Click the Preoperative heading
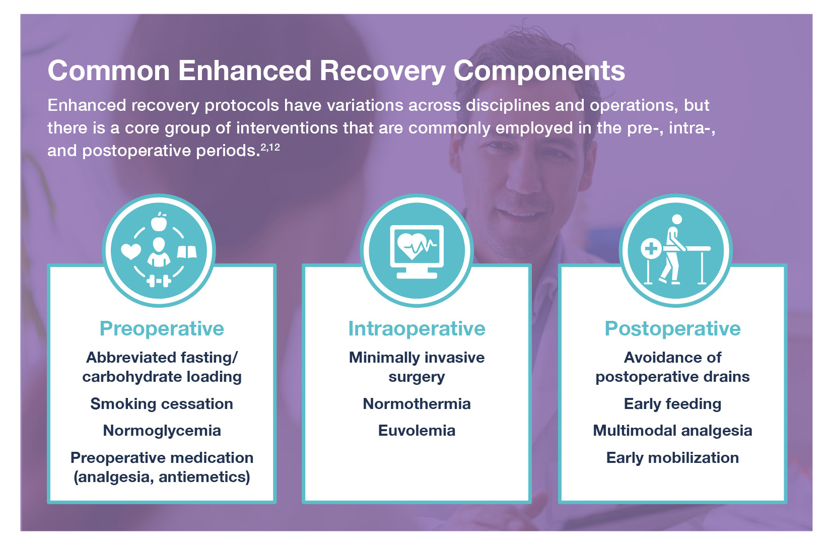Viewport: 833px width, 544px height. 162,328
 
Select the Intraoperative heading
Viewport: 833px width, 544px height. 416,328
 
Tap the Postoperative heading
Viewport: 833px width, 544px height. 672,328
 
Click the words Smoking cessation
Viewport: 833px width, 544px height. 162,404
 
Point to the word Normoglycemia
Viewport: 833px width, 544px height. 162,431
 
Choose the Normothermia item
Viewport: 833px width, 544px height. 416,404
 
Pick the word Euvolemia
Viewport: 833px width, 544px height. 416,431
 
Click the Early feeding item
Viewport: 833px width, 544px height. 672,404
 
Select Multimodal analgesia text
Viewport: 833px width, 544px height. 672,431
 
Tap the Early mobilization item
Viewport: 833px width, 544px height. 672,458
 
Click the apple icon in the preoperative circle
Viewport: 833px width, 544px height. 159,222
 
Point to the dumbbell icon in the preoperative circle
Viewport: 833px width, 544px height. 159,281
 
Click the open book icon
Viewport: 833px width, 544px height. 187,251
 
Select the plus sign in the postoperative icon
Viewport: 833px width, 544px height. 651,248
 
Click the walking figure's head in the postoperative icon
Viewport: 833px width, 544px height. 677,220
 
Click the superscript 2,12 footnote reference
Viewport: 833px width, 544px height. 270,148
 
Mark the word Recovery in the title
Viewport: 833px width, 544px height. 382,71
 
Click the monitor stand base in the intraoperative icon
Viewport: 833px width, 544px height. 416,275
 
